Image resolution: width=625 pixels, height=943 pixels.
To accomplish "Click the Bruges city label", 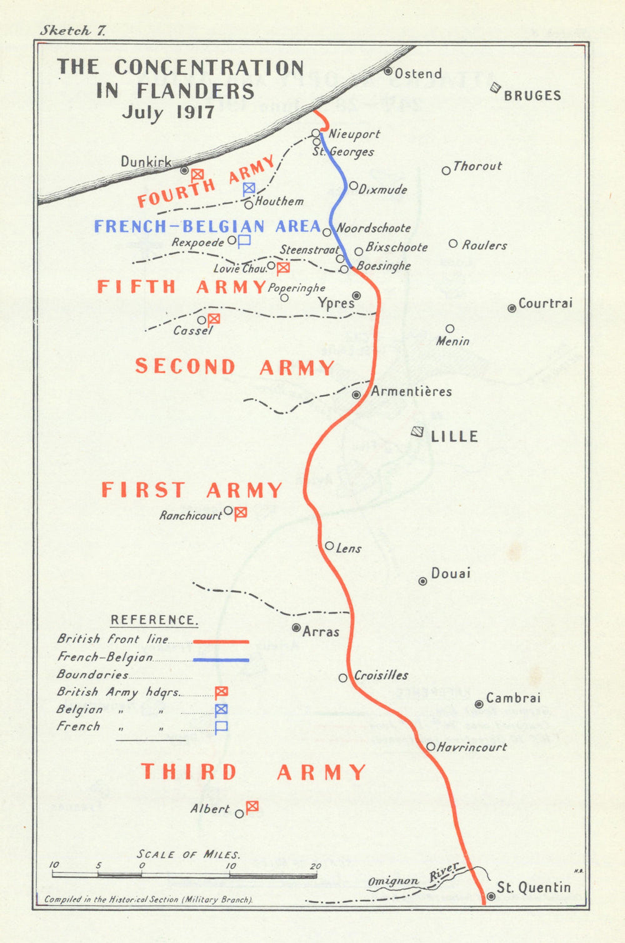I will pyautogui.click(x=532, y=96).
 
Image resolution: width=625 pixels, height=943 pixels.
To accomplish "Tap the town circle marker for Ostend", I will pyautogui.click(x=388, y=71).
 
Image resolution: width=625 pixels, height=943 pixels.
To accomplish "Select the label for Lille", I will pyautogui.click(x=454, y=436).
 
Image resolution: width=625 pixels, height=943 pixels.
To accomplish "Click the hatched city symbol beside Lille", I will pyautogui.click(x=417, y=431).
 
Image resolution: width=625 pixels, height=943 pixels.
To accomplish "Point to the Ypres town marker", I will pyautogui.click(x=356, y=295).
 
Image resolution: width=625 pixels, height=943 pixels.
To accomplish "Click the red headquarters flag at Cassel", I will pyautogui.click(x=214, y=319).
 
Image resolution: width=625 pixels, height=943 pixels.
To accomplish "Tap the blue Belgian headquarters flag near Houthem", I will pyautogui.click(x=249, y=188).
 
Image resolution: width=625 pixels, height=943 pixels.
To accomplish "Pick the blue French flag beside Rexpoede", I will pyautogui.click(x=244, y=240).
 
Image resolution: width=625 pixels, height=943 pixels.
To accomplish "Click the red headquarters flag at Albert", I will pyautogui.click(x=252, y=807).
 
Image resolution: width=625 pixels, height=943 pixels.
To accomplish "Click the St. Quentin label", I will pyautogui.click(x=534, y=887).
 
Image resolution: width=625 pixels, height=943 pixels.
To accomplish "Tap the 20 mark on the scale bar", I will pyautogui.click(x=316, y=866).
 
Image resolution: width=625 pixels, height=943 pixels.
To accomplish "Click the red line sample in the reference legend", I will pyautogui.click(x=221, y=642).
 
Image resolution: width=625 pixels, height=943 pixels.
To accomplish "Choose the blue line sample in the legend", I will pyautogui.click(x=221, y=659).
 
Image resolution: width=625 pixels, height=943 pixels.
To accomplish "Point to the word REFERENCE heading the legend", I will pyautogui.click(x=154, y=620).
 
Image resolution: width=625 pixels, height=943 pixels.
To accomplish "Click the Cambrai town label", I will pyautogui.click(x=513, y=698).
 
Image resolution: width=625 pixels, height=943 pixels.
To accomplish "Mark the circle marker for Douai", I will pyautogui.click(x=422, y=581).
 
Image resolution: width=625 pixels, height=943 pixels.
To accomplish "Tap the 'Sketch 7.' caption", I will pyautogui.click(x=72, y=31).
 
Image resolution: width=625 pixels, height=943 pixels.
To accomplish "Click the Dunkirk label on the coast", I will pyautogui.click(x=146, y=162).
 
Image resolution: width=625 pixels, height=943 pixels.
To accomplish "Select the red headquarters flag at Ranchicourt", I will pyautogui.click(x=241, y=512).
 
